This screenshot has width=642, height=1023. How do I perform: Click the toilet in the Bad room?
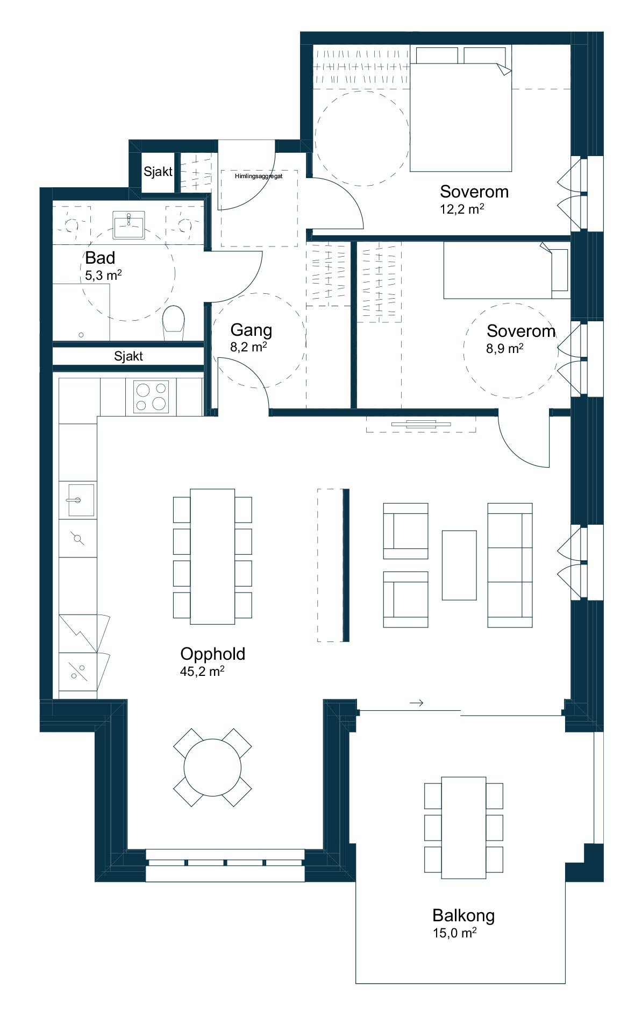click(x=173, y=323)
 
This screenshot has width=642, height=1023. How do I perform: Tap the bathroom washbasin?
click(x=129, y=224)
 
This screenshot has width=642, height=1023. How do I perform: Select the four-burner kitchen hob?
click(x=151, y=397)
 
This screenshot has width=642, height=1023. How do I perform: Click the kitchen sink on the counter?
click(x=81, y=500)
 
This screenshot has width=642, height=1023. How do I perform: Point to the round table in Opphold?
click(x=212, y=767)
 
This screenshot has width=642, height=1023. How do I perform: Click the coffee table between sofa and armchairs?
click(x=459, y=565)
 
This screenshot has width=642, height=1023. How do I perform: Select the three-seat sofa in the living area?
click(x=510, y=565)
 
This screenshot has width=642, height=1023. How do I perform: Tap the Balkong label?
click(x=463, y=915)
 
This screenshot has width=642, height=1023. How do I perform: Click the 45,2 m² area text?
click(x=202, y=671)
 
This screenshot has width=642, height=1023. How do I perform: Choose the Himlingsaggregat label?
click(x=259, y=176)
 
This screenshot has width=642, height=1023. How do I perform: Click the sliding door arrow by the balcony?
click(x=417, y=703)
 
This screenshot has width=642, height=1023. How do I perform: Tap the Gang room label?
click(x=251, y=330)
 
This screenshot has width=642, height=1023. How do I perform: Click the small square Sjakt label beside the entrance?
click(x=158, y=172)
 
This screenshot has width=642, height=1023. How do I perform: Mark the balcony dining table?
click(x=463, y=828)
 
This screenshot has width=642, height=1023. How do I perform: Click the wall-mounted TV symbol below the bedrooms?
click(x=421, y=424)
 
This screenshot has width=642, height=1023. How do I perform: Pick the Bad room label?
click(x=100, y=258)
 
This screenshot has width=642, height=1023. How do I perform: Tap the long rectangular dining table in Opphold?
click(x=212, y=556)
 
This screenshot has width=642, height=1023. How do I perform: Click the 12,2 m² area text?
click(x=462, y=209)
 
